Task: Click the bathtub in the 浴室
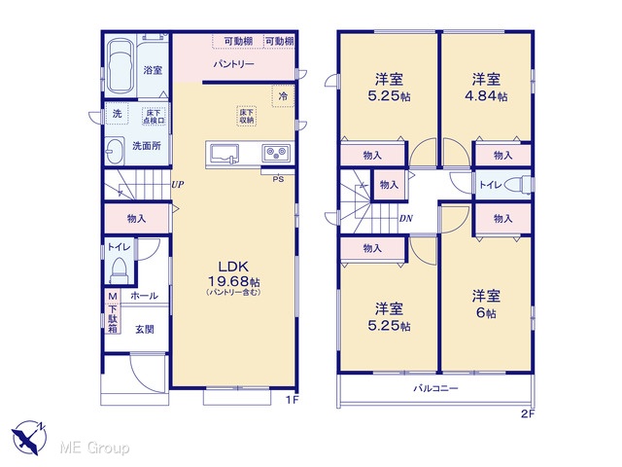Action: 120,66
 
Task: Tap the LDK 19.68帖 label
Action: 234,273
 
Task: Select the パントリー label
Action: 233,64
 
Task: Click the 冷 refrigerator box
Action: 283,95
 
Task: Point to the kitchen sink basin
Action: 225,154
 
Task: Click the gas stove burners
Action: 276,153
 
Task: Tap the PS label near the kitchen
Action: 278,179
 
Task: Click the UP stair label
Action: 178,184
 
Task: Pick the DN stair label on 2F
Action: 406,218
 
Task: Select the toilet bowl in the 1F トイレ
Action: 119,269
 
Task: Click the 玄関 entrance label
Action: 145,329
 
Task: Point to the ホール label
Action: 144,296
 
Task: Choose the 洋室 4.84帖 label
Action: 486,88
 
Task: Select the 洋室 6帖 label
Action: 486,305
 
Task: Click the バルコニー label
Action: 436,388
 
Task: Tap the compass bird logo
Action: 30,438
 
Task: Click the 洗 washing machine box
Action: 117,114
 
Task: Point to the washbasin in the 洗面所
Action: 115,151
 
